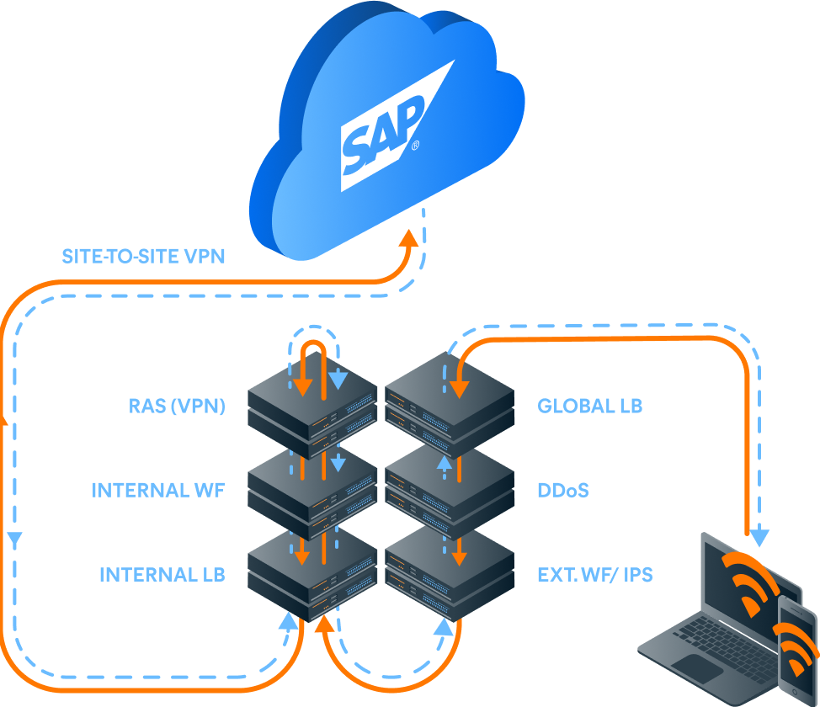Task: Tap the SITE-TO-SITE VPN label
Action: click(x=144, y=256)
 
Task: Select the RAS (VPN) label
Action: click(x=177, y=407)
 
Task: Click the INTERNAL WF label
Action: click(x=158, y=490)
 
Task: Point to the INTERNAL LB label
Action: click(x=162, y=575)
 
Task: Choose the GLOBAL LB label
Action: click(x=589, y=407)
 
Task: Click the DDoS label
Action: click(x=563, y=490)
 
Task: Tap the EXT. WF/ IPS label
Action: click(x=595, y=576)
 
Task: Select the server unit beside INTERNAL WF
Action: click(x=311, y=492)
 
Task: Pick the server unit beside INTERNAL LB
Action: click(x=311, y=577)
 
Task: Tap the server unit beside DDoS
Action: click(x=450, y=492)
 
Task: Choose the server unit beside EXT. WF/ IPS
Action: click(x=450, y=577)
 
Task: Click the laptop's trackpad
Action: click(x=696, y=668)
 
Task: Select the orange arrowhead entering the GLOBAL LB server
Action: click(x=459, y=388)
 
